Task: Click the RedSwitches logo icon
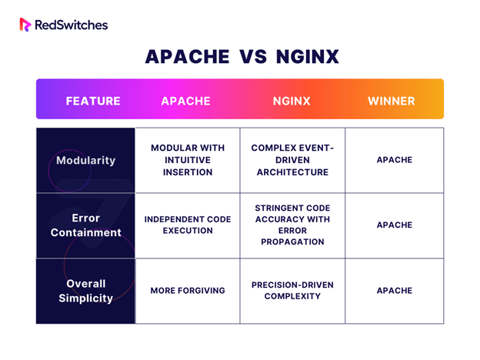click(25, 25)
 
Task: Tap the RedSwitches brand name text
click(72, 25)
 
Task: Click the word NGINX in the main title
click(308, 57)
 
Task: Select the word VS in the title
click(253, 57)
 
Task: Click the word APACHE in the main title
click(188, 57)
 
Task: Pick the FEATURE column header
click(93, 101)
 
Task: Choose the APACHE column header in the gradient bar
click(186, 101)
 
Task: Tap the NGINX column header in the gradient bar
click(292, 101)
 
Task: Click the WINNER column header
click(392, 101)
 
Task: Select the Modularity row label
click(85, 161)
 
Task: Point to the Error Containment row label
click(85, 225)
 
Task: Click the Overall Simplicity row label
click(85, 291)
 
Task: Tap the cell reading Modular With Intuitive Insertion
click(188, 160)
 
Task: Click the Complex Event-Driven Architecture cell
click(292, 160)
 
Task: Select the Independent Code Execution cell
click(188, 225)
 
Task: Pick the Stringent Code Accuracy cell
click(292, 225)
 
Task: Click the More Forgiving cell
click(188, 291)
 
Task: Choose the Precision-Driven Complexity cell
click(292, 291)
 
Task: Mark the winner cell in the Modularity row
click(395, 160)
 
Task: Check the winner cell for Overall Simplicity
click(395, 291)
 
